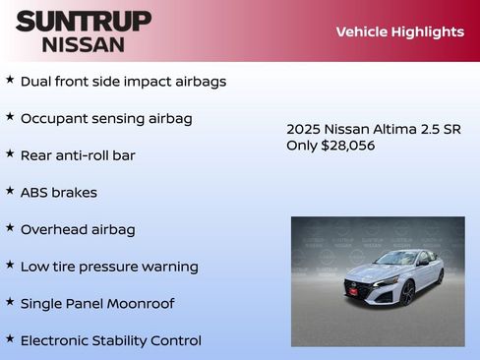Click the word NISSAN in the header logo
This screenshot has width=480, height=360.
point(84,43)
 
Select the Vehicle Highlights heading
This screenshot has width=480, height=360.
point(399,31)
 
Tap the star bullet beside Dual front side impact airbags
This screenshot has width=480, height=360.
point(10,80)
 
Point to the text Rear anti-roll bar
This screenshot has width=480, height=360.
point(78,155)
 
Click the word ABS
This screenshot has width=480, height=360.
point(34,193)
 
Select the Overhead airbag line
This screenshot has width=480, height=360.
point(78,229)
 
